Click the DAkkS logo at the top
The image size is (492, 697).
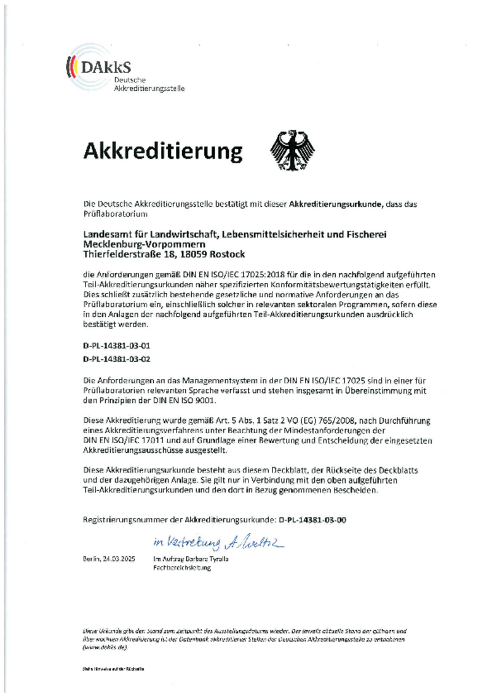[98, 71]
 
